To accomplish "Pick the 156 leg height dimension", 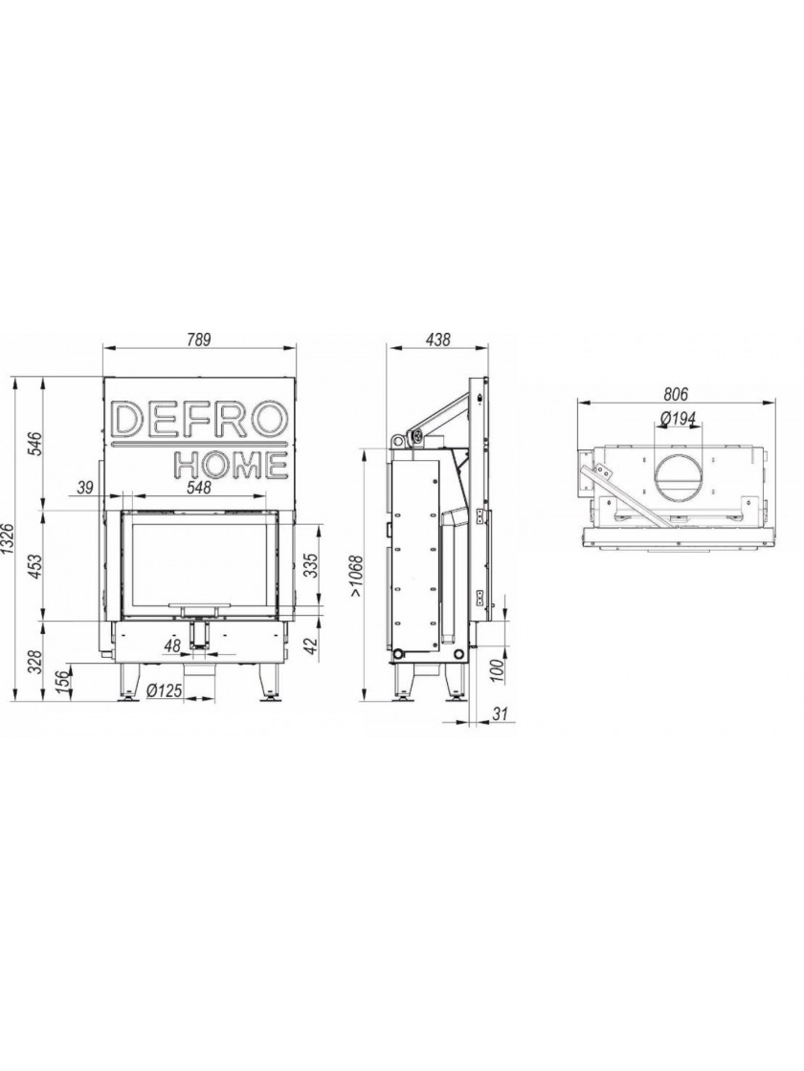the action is (62, 682).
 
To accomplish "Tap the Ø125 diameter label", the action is (164, 691).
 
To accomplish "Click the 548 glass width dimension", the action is (197, 488).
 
